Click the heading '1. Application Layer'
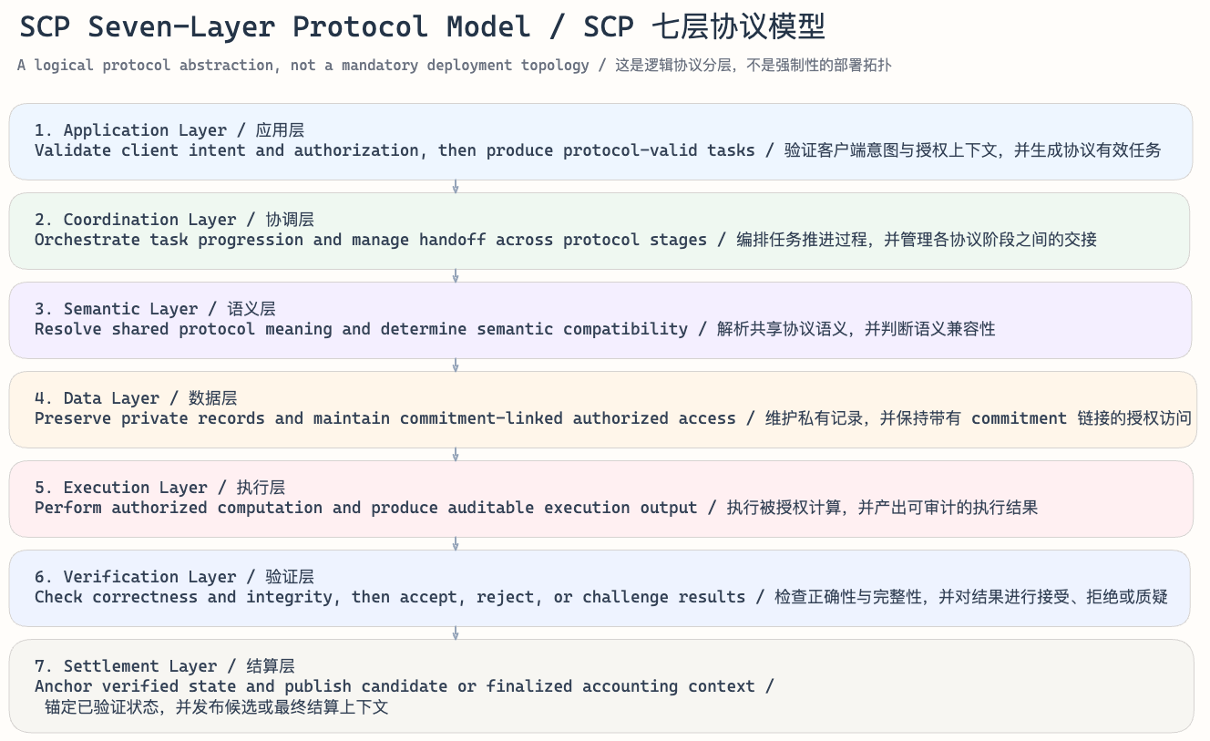pyautogui.click(x=130, y=130)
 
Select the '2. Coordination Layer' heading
pyautogui.click(x=135, y=220)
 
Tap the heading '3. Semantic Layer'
pyautogui.click(x=116, y=309)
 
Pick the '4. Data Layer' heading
pyautogui.click(x=97, y=398)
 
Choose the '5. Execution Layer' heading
pyautogui.click(x=120, y=488)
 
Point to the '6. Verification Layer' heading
pyautogui.click(x=135, y=577)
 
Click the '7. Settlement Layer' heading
pyautogui.click(x=126, y=666)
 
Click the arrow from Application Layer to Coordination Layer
pyautogui.click(x=456, y=187)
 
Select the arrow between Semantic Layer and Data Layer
pyautogui.click(x=456, y=365)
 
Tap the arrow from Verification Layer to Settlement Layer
pyautogui.click(x=456, y=633)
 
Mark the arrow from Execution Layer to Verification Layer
pyautogui.click(x=456, y=544)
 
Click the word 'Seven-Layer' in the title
pyautogui.click(x=181, y=27)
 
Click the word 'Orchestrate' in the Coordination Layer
pyautogui.click(x=87, y=240)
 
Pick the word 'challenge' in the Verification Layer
pyautogui.click(x=625, y=597)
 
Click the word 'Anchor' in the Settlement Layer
pyautogui.click(x=63, y=686)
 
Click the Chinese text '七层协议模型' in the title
pyautogui.click(x=738, y=27)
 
